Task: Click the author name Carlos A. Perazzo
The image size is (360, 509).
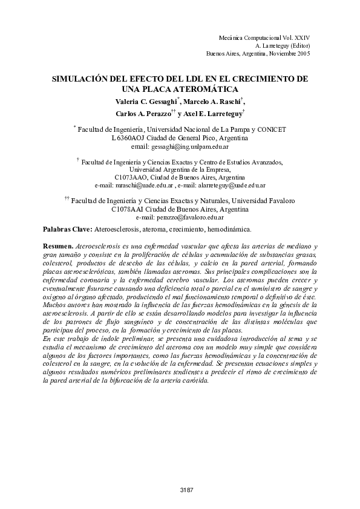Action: tap(143, 114)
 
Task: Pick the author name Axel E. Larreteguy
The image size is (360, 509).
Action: tap(212, 114)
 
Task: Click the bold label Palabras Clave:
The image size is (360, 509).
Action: tap(67, 230)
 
